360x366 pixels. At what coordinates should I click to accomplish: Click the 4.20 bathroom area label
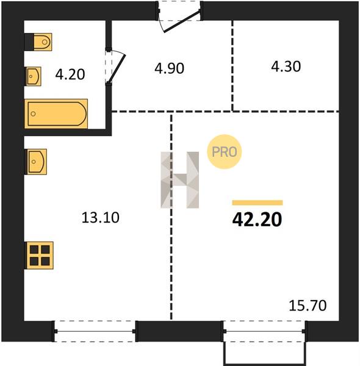(70, 74)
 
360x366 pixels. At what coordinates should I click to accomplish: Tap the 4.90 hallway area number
(169, 68)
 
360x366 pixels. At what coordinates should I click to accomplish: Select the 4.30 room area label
(286, 66)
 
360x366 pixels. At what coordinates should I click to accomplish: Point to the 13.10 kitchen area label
(101, 217)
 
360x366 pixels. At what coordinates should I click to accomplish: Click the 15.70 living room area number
(308, 306)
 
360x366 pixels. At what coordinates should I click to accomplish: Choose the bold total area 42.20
(257, 220)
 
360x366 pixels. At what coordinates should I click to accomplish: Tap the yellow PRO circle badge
(225, 152)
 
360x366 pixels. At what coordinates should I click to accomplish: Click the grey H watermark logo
(180, 180)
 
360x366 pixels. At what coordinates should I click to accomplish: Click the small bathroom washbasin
(33, 76)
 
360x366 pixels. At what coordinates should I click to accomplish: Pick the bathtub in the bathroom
(56, 113)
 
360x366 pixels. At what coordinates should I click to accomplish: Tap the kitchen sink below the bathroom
(36, 162)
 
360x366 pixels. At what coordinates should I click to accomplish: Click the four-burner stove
(39, 256)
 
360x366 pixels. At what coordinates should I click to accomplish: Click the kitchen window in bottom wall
(95, 331)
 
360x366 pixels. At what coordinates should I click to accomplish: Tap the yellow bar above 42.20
(257, 203)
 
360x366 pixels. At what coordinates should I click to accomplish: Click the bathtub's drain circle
(34, 113)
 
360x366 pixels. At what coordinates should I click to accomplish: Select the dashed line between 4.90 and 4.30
(232, 65)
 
